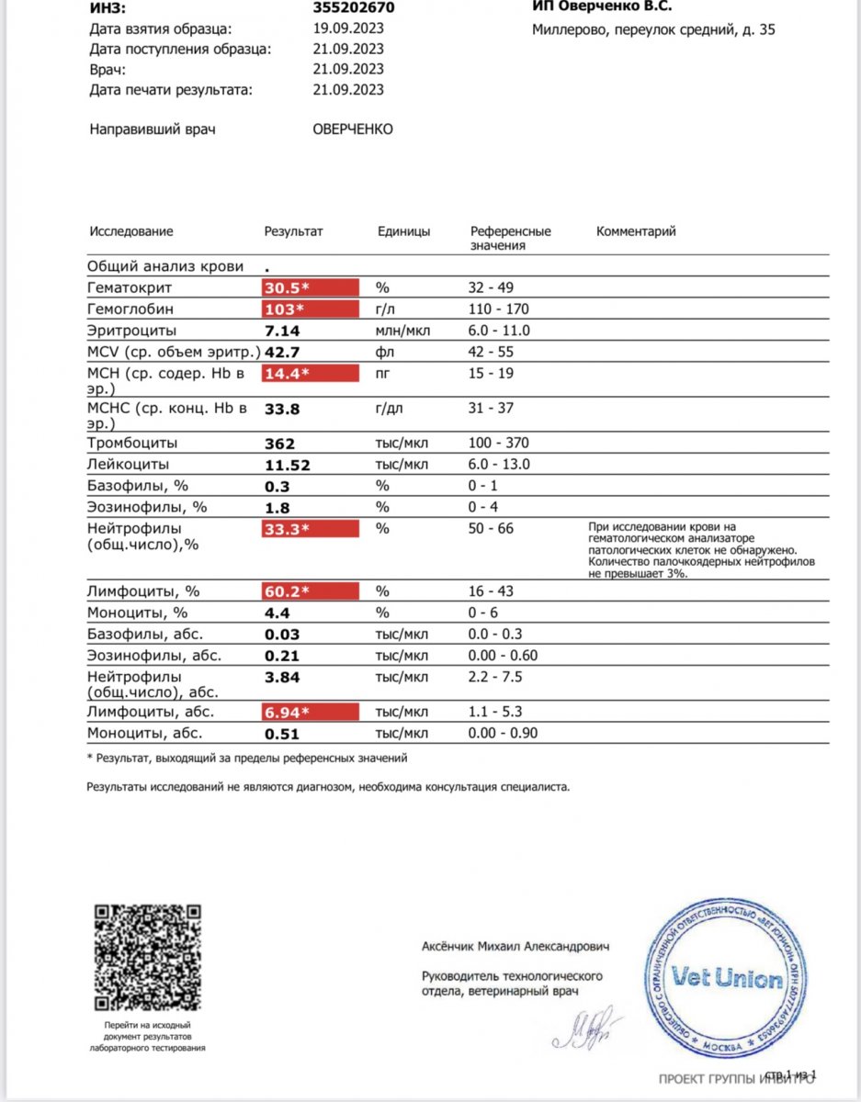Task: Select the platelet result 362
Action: click(x=279, y=444)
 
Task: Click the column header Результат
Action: click(x=294, y=232)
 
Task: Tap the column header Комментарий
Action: click(x=636, y=232)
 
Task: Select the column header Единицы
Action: click(x=403, y=232)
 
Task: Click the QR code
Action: click(x=148, y=955)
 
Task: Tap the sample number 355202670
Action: click(x=354, y=8)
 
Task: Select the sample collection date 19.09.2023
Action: click(x=348, y=28)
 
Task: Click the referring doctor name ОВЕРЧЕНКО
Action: click(x=353, y=129)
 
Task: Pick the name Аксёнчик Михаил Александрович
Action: click(x=515, y=946)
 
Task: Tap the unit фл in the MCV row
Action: click(x=382, y=352)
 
